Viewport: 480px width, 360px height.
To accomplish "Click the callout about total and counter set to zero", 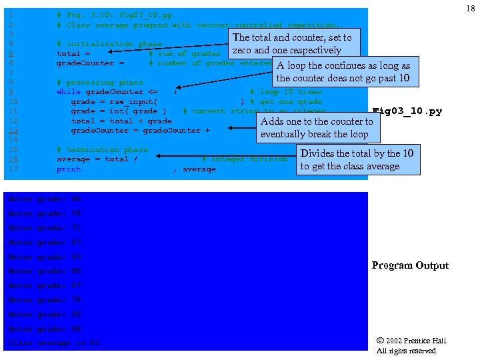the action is tap(292, 44).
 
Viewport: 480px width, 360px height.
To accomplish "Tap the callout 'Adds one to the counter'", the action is tap(317, 127).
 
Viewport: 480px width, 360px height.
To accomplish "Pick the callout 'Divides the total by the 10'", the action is tap(357, 160).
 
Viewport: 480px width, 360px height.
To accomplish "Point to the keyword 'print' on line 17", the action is tap(69, 169).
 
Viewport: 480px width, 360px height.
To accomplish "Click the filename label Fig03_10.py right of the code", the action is tap(407, 111).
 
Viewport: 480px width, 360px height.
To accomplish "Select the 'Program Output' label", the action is tap(410, 265).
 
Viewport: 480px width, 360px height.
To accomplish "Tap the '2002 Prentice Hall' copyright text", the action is tap(412, 341).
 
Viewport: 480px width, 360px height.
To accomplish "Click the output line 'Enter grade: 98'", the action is tap(44, 199).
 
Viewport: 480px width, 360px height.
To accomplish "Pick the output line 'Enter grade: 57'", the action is tap(44, 285).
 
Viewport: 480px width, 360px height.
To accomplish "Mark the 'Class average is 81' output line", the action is tap(53, 343).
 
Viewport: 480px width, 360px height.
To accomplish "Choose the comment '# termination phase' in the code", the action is tap(102, 150).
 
